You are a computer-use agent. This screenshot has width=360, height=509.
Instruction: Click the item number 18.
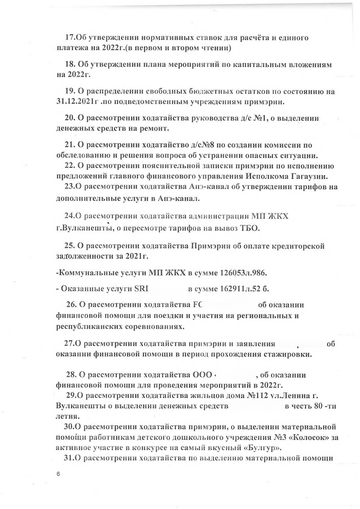[x=70, y=64]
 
